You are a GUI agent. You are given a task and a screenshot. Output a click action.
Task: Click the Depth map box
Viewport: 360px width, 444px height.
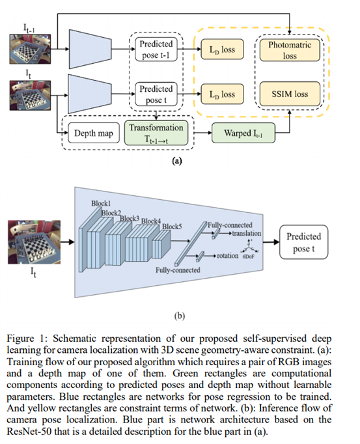pos(90,134)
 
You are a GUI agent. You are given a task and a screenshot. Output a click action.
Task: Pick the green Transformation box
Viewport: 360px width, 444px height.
pos(156,134)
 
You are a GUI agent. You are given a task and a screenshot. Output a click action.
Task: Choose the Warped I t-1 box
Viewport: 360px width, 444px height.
pos(241,134)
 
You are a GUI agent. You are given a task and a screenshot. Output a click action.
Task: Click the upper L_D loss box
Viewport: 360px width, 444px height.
pos(220,49)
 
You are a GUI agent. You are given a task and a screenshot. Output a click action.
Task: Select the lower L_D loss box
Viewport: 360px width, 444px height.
pos(220,94)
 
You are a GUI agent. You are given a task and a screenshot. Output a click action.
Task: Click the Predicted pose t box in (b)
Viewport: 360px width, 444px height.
pos(303,242)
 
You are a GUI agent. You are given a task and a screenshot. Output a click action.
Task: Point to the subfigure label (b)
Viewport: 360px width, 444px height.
pos(180,316)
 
